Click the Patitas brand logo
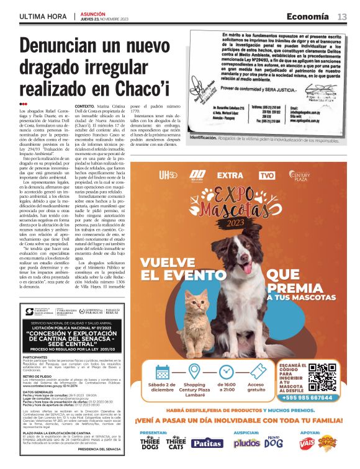pos(207,443)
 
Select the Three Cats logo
pos(177,442)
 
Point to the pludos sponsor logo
pos(247,443)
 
